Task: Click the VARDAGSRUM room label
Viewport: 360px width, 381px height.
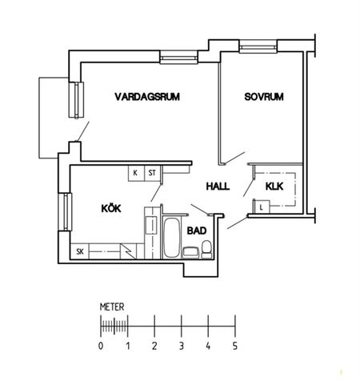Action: pyautogui.click(x=146, y=97)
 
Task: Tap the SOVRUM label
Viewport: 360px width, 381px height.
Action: pyautogui.click(x=264, y=97)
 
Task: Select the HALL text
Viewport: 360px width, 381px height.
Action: pyautogui.click(x=218, y=186)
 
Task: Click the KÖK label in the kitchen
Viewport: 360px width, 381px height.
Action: pyautogui.click(x=111, y=209)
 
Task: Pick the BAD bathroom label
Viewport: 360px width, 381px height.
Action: pyautogui.click(x=197, y=231)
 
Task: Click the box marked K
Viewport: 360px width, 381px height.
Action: pyautogui.click(x=135, y=172)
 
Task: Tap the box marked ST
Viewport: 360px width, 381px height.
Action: pyautogui.click(x=150, y=172)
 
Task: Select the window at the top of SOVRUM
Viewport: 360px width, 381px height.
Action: pyautogui.click(x=257, y=49)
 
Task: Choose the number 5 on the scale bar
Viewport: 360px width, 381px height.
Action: pyautogui.click(x=234, y=346)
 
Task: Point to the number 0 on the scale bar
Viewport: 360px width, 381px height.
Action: pyautogui.click(x=101, y=346)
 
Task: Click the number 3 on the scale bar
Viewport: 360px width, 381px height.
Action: pyautogui.click(x=181, y=346)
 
